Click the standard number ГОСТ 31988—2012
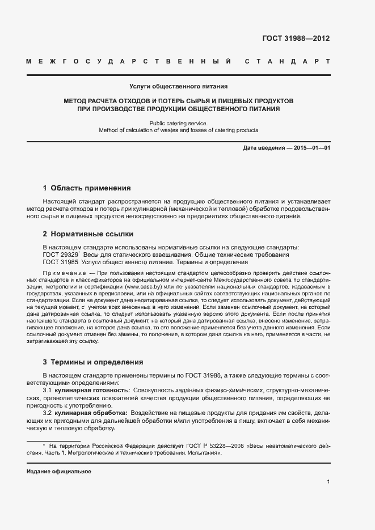(x=296, y=39)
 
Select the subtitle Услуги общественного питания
(x=178, y=87)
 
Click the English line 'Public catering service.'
(x=178, y=123)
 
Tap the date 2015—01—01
(x=311, y=148)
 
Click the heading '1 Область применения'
(x=87, y=188)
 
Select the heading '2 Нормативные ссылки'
(x=88, y=234)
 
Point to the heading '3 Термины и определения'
(x=93, y=362)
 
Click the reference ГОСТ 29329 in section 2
(x=61, y=255)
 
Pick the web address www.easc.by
(x=142, y=288)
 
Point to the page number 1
(x=328, y=482)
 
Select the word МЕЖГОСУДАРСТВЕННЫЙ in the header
(x=128, y=61)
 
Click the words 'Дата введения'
(x=263, y=148)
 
